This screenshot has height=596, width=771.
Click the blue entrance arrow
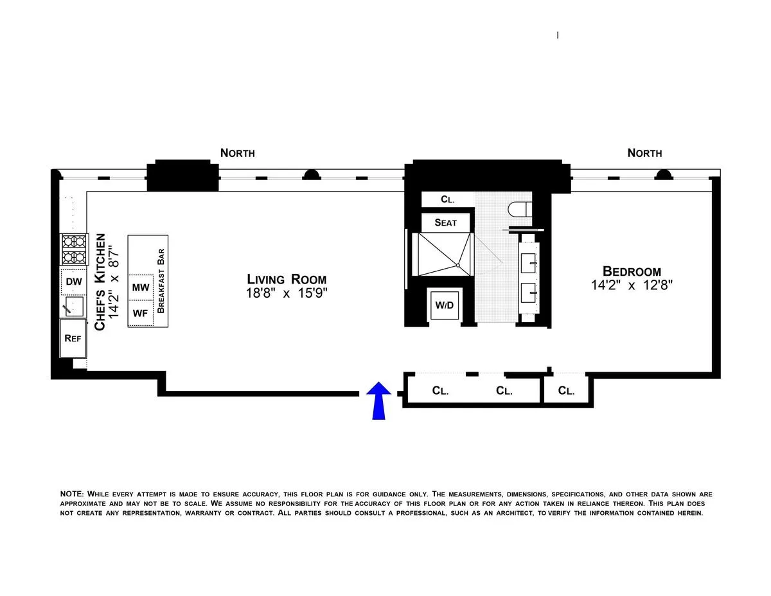[x=380, y=400]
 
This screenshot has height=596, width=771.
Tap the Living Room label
[x=287, y=279]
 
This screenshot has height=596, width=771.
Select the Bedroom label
[x=632, y=271]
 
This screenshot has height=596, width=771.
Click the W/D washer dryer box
[x=445, y=305]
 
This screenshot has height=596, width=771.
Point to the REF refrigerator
[x=73, y=338]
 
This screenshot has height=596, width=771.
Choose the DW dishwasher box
[x=73, y=281]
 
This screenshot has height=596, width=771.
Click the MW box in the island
[x=140, y=287]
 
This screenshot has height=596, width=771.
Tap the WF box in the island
[x=140, y=314]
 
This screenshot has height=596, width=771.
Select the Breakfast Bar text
[x=161, y=281]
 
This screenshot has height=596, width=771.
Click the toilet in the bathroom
[x=517, y=210]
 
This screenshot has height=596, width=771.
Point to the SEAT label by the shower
[x=445, y=222]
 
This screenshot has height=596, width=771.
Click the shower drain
[x=457, y=265]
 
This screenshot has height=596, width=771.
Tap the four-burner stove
[x=74, y=249]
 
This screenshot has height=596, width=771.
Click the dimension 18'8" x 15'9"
[x=287, y=294]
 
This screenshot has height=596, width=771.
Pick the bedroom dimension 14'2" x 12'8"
[x=632, y=286]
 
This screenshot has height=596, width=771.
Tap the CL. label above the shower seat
[x=447, y=199]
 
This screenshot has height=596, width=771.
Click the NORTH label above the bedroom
[x=644, y=153]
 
